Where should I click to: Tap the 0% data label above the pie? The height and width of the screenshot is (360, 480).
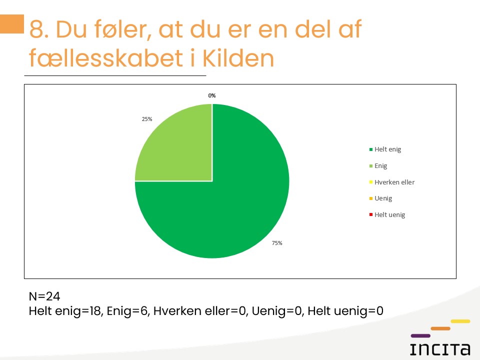coord(212,95)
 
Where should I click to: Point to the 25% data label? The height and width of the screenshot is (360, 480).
coord(147,119)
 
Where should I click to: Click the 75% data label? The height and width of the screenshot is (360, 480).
coord(277,243)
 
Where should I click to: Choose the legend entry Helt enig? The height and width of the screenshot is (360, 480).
coord(385,149)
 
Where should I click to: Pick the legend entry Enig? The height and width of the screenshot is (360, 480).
coord(378,166)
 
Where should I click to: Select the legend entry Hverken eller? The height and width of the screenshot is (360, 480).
coord(392,182)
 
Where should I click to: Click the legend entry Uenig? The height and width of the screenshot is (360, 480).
coord(380,198)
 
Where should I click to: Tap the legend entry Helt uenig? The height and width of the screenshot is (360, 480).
coord(387,215)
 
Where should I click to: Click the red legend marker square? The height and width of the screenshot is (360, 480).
coord(371,215)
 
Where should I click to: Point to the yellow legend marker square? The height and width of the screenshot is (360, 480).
coord(371,182)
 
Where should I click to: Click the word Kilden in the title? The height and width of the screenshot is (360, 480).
coord(238,58)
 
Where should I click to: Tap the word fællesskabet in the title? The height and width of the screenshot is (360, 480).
coord(106,57)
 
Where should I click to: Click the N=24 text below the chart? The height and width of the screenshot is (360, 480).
coord(44,296)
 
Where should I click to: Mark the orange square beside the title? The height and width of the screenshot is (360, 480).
coord(12,24)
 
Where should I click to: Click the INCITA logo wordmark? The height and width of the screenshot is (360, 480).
coord(440,349)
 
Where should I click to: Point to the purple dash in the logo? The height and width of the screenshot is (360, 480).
coord(420,336)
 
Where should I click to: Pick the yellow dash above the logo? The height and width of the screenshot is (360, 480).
coord(460,321)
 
